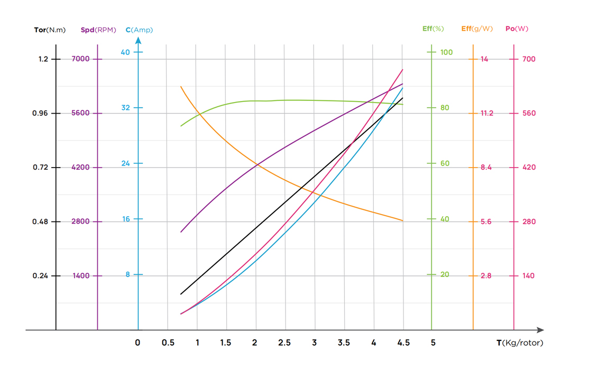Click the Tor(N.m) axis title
click(50, 30)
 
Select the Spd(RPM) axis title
click(98, 30)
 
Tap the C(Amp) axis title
click(139, 30)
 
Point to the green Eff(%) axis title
click(433, 29)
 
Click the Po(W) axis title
click(517, 29)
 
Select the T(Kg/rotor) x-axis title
click(520, 343)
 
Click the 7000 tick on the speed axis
click(80, 59)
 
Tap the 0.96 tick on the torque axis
click(40, 113)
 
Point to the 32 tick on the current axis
click(125, 108)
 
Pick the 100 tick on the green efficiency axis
click(447, 52)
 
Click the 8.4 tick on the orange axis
click(486, 168)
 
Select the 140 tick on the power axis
click(529, 276)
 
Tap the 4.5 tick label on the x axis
click(403, 343)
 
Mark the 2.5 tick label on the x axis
click(284, 343)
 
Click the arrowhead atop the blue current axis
click(138, 40)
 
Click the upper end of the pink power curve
click(403, 70)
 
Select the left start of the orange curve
click(181, 87)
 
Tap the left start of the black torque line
click(181, 294)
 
